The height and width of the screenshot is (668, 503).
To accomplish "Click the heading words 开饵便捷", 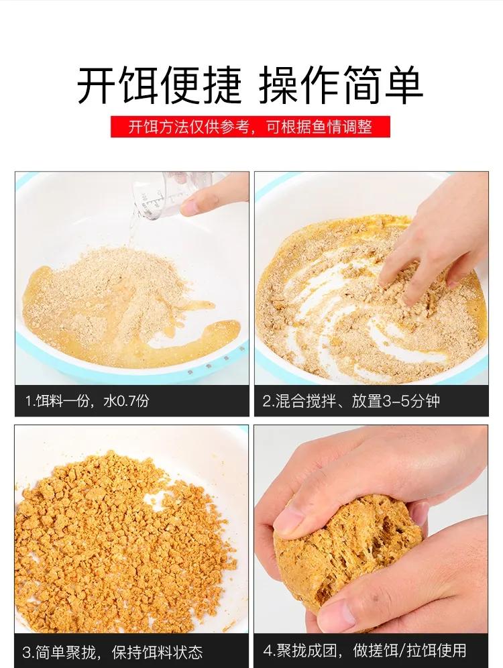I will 158,85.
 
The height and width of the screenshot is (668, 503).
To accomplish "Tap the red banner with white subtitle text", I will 250,127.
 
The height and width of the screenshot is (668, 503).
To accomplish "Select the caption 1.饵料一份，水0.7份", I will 87,401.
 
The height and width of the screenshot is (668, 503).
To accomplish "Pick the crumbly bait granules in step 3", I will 121,537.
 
